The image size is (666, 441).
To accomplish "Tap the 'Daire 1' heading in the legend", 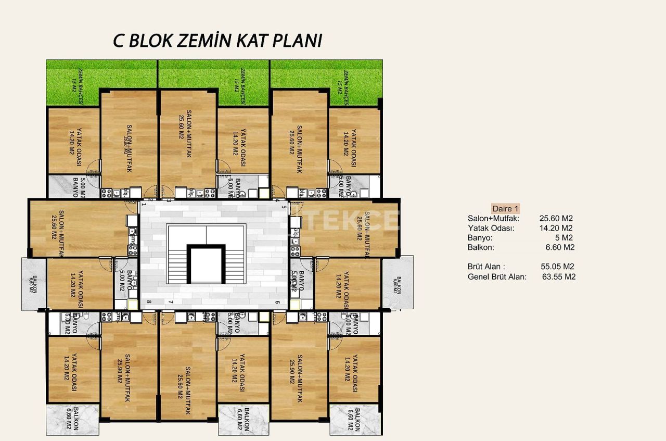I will tap(505, 208).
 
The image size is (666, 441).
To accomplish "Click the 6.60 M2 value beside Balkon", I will tap(558, 247).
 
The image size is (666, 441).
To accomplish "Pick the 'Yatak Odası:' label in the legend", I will tap(491, 228).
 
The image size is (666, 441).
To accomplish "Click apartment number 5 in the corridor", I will tap(285, 207).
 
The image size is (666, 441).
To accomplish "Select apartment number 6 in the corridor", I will tap(277, 303).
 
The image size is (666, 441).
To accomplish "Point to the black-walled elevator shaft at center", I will tap(207, 264).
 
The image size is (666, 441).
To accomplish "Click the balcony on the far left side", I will tap(34, 283).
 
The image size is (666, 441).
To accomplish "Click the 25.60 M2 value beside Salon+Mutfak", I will tap(556, 219).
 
